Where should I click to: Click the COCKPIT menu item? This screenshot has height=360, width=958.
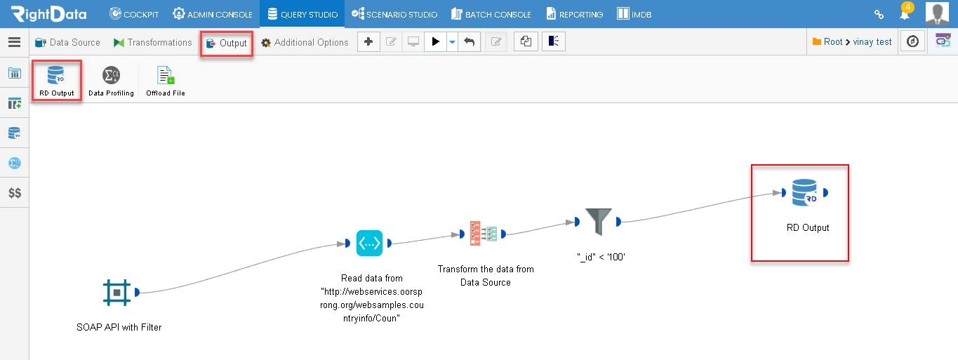(x=134, y=14)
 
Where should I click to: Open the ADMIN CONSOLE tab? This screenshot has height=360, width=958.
(x=213, y=14)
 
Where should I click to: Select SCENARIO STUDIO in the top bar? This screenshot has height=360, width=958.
(x=394, y=14)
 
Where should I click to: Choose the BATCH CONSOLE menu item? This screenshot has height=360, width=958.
(x=491, y=14)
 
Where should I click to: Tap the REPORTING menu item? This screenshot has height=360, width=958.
(x=574, y=14)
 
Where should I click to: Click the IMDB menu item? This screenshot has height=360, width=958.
(x=634, y=14)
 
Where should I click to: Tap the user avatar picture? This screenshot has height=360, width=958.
(x=937, y=13)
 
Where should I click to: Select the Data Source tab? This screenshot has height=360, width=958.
(x=67, y=42)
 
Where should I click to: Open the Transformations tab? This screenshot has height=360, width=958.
(x=153, y=42)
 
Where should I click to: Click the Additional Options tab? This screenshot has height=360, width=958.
(x=305, y=42)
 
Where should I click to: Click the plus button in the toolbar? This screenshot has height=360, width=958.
(x=368, y=41)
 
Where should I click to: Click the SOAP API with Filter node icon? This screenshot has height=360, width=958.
(x=117, y=293)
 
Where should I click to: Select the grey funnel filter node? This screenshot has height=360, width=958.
(x=599, y=222)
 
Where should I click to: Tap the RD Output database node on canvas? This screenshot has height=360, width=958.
(x=804, y=193)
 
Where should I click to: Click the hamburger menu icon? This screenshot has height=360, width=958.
(x=15, y=42)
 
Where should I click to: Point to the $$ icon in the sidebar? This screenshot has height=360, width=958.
(x=15, y=193)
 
